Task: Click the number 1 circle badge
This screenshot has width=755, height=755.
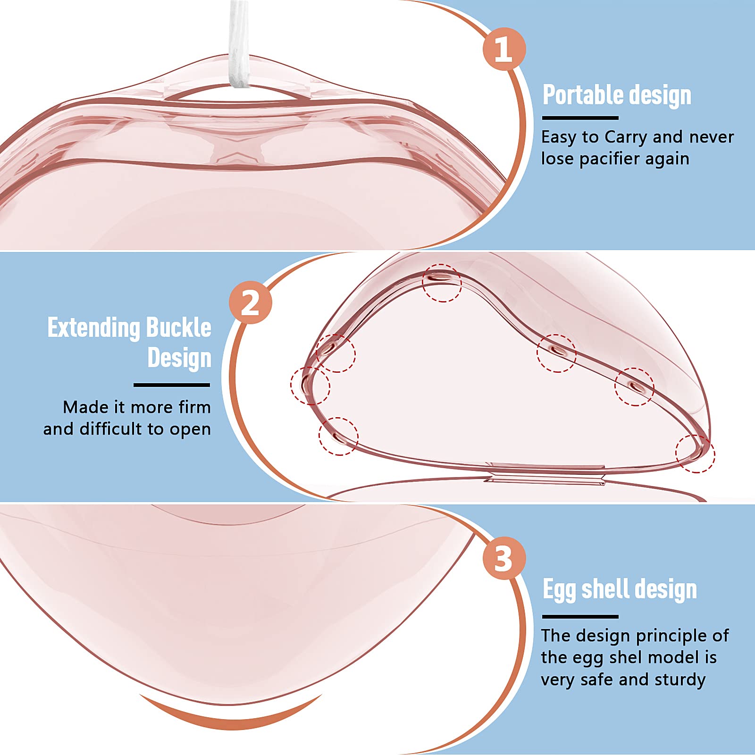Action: [504, 49]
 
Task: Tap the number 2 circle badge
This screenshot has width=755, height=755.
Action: [251, 302]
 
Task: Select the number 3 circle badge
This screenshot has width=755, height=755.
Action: [504, 559]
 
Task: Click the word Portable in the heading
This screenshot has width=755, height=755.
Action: [583, 95]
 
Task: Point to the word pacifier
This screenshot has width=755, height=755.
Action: [610, 159]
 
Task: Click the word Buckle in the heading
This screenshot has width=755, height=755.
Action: [178, 327]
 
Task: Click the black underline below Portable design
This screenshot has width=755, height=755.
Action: [580, 118]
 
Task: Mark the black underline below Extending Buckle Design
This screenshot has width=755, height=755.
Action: [172, 385]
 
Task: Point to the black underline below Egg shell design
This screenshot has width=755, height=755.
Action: [580, 617]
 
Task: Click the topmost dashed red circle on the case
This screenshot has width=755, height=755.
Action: [442, 283]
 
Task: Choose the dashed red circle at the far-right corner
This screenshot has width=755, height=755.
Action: [695, 453]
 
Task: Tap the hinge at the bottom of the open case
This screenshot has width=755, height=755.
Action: [545, 473]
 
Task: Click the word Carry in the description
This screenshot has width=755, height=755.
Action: [626, 137]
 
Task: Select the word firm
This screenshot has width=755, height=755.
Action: [193, 407]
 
